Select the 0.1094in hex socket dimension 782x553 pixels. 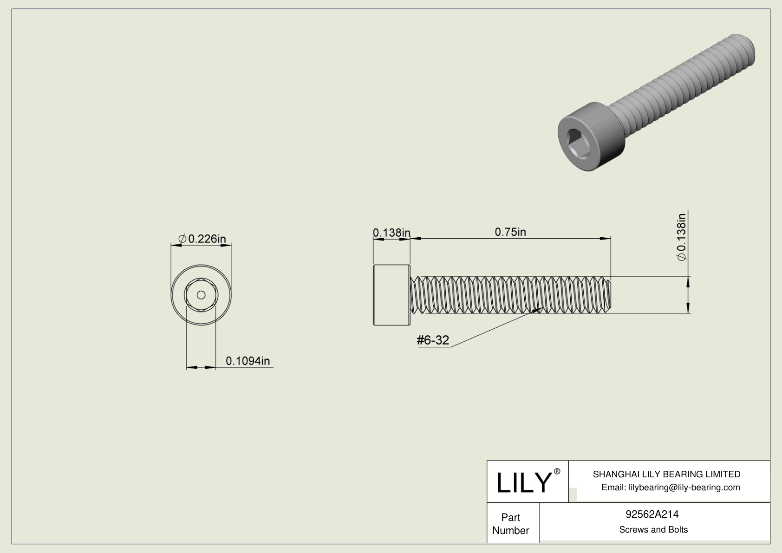click(x=248, y=361)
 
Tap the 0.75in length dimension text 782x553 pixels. click(x=510, y=232)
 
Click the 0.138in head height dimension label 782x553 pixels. click(x=391, y=232)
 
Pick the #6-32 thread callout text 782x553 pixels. click(x=433, y=340)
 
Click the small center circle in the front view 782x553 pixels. click(x=201, y=295)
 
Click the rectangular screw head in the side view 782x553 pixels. click(x=391, y=295)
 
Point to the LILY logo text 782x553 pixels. click(x=523, y=482)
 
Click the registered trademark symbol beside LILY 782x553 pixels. click(x=557, y=471)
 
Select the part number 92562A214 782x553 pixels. click(x=652, y=514)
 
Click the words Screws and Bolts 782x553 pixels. click(x=653, y=530)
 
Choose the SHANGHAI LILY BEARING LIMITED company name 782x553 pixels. click(x=666, y=474)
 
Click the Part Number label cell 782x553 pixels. click(x=511, y=524)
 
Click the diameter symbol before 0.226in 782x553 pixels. click(x=182, y=239)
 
